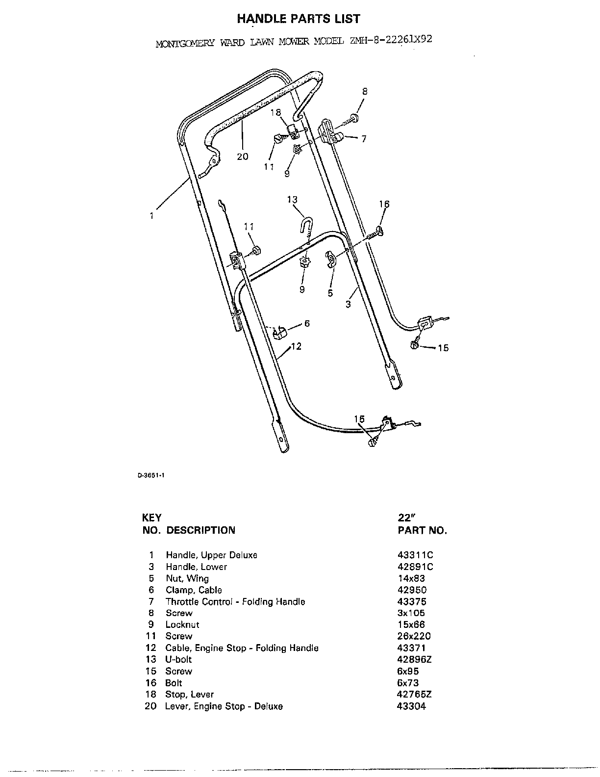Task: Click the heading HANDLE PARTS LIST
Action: [299, 19]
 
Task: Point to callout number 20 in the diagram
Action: [243, 156]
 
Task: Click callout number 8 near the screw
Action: [365, 91]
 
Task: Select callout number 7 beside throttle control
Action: [364, 139]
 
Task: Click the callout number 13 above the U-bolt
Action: [292, 199]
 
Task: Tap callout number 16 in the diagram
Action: [384, 204]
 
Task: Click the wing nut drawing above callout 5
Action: [331, 259]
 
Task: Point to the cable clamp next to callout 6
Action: [280, 333]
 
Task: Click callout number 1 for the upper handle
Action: [151, 216]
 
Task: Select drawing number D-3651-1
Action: [151, 475]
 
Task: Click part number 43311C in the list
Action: [415, 555]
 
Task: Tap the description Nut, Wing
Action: [187, 578]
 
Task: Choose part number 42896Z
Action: [415, 659]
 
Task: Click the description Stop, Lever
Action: [189, 694]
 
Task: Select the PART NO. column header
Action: [423, 530]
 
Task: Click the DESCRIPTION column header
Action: [201, 530]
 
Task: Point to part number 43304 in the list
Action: [411, 706]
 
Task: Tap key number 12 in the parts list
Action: [151, 647]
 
